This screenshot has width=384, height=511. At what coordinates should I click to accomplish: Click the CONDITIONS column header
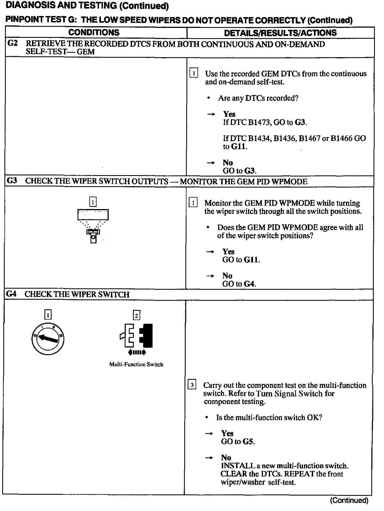click(94, 33)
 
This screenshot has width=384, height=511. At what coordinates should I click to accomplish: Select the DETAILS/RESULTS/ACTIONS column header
click(280, 33)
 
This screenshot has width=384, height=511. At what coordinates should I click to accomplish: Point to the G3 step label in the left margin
click(12, 181)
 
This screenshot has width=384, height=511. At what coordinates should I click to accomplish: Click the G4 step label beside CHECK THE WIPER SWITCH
click(11, 294)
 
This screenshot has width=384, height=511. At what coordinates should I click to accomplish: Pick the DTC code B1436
click(285, 138)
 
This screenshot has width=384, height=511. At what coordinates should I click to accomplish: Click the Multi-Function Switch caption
click(136, 364)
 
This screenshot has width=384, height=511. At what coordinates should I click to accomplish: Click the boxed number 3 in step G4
click(192, 385)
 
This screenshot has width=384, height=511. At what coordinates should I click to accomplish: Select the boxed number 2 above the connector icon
click(137, 315)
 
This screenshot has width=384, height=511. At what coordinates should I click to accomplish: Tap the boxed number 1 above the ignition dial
click(48, 315)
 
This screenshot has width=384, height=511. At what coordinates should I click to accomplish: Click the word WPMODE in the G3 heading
click(293, 181)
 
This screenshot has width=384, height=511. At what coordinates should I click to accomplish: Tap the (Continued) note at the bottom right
click(349, 500)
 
